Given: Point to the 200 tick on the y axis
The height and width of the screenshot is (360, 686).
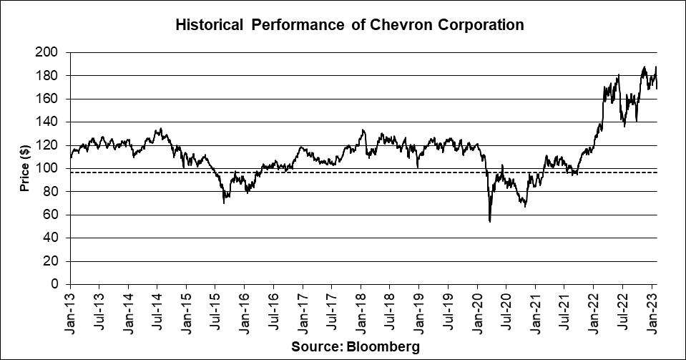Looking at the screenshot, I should pyautogui.click(x=52, y=52).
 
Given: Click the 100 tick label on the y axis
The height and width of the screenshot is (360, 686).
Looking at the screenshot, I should pyautogui.click(x=52, y=169).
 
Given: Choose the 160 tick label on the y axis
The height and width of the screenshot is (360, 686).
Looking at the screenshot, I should pyautogui.click(x=52, y=99).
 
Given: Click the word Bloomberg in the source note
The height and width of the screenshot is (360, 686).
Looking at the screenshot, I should pyautogui.click(x=386, y=346).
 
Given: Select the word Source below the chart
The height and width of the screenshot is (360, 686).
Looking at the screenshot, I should pyautogui.click(x=315, y=346).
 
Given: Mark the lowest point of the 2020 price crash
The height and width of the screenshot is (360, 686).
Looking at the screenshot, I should pyautogui.click(x=489, y=221).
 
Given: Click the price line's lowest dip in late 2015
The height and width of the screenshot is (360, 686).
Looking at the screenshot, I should pyautogui.click(x=224, y=203).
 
